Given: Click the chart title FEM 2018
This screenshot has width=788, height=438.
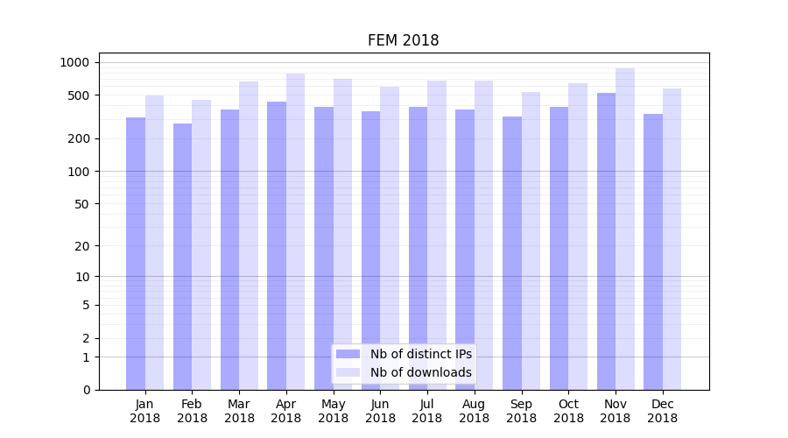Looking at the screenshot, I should [403, 40].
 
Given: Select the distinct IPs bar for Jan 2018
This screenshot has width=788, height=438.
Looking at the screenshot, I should [136, 253].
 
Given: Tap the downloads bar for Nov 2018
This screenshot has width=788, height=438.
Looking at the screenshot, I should [625, 229].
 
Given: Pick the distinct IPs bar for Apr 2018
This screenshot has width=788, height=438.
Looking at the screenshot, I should [277, 245].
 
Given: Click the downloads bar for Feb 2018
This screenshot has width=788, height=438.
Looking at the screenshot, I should [201, 244].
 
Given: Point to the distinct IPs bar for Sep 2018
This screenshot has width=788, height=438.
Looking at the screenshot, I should [512, 253].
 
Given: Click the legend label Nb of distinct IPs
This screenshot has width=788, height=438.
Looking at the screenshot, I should [421, 354].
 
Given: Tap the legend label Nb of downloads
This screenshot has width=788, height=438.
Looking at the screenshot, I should [421, 372].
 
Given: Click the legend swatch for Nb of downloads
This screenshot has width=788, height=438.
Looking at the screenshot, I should [348, 372].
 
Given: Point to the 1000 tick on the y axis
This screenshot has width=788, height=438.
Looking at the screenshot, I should [74, 62].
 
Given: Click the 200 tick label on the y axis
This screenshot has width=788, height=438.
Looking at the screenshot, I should [78, 138].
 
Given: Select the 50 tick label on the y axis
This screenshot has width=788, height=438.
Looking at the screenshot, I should [81, 204].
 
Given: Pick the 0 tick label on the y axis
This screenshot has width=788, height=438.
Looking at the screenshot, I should [86, 390].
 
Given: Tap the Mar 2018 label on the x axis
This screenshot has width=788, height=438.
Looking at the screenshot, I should [239, 411].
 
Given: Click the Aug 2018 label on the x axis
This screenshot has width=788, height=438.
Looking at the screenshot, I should [475, 411].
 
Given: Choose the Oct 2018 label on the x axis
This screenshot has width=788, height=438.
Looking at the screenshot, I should [568, 411].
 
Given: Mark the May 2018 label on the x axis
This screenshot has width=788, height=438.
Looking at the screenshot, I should [334, 411].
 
